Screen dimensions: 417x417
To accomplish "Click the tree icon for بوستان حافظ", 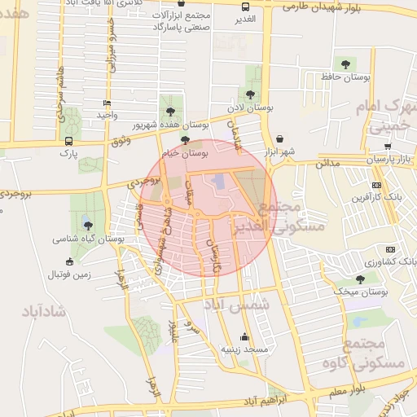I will tap(347, 63).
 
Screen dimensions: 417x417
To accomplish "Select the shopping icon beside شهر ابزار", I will tap(280, 138).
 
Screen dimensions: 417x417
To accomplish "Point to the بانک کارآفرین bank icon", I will tap(375, 185).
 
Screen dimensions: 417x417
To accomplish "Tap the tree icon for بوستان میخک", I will tap(361, 279).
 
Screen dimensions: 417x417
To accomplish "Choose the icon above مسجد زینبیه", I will tap(244, 336).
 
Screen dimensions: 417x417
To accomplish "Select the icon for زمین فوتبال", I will tap(70, 262).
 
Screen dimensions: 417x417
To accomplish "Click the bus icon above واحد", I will tap(108, 103).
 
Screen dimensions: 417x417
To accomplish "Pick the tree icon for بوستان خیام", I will tap(186, 140).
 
